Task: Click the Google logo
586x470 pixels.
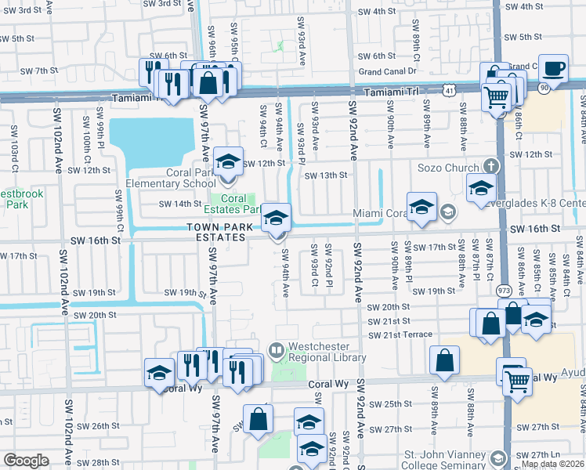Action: click(26, 461)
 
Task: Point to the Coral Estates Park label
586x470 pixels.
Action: click(232, 204)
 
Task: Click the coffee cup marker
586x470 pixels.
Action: click(554, 68)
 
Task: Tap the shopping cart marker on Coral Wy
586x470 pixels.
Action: click(517, 382)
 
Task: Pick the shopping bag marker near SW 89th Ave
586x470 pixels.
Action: click(444, 360)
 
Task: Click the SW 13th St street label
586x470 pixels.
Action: click(325, 175)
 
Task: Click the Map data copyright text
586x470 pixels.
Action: click(552, 464)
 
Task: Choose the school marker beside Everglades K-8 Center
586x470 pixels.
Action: click(481, 188)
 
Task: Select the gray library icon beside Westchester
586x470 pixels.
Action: click(276, 349)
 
